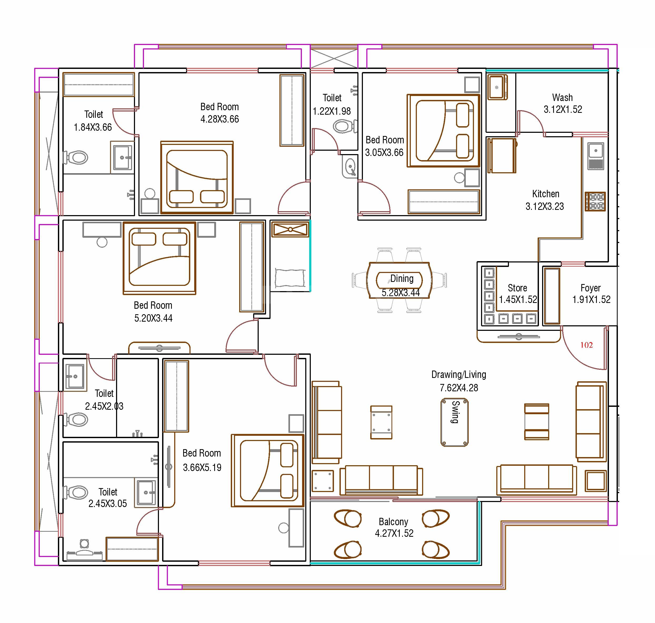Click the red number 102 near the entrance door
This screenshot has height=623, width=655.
586,345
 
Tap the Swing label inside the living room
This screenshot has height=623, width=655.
455,412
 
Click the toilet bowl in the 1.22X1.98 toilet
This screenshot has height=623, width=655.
343,126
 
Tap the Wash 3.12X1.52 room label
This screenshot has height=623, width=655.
562,103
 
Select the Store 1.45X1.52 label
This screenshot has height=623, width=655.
517,293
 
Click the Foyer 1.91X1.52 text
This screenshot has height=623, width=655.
591,293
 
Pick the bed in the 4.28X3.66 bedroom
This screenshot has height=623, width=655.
197,178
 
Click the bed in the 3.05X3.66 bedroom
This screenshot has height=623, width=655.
444,130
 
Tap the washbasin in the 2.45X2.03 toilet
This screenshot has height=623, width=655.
75,376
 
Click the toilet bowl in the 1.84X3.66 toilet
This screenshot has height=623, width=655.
77,158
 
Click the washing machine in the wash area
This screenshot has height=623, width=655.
497,87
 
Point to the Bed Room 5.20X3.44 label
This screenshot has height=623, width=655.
153,311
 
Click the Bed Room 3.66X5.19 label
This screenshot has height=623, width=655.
202,460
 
